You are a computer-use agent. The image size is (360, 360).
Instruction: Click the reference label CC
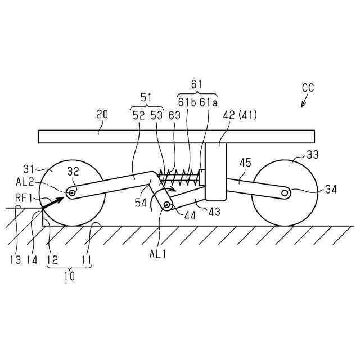pyautogui.click(x=308, y=88)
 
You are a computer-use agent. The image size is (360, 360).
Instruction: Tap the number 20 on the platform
pyautogui.click(x=102, y=115)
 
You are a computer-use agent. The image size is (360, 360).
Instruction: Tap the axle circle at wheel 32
pyautogui.click(x=73, y=192)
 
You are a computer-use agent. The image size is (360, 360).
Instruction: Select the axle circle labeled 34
pyautogui.click(x=286, y=193)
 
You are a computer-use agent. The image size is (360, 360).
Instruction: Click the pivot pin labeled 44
pyautogui.click(x=167, y=205)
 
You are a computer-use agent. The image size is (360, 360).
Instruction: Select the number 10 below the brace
pyautogui.click(x=68, y=276)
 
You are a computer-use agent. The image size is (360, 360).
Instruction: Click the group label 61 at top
pyautogui.click(x=196, y=84)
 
